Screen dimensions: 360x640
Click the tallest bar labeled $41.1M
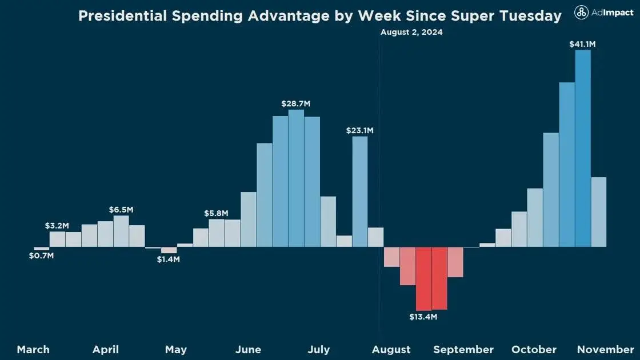pos(583,149)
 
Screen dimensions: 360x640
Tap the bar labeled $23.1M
pos(360,191)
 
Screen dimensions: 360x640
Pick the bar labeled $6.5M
pos(121,231)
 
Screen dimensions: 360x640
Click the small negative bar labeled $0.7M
pos(42,249)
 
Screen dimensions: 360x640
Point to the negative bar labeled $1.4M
pos(169,250)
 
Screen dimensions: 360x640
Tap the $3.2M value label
pos(57,226)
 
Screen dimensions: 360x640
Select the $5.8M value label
pos(216,213)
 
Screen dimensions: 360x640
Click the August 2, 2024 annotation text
pos(411,32)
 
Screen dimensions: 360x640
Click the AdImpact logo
pos(604,13)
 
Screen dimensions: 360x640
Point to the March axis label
pos(33,349)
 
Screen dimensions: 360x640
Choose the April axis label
pos(106,349)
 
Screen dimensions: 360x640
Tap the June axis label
pos(248,349)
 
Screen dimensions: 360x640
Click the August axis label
pos(391,349)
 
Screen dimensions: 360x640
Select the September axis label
pos(463,349)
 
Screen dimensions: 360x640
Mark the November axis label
pos(605,349)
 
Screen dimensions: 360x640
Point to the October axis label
pos(534,349)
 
